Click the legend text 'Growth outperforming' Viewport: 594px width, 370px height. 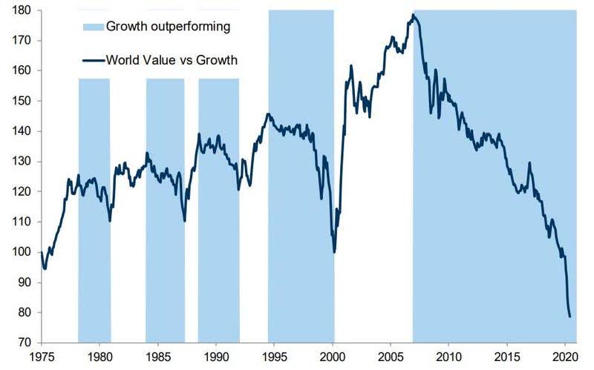click(x=168, y=27)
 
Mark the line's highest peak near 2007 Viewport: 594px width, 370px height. click(x=413, y=15)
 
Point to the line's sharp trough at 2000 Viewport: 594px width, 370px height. click(x=334, y=252)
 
